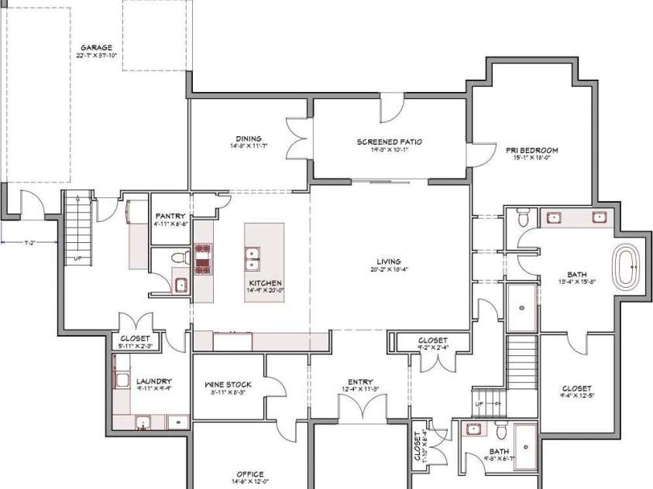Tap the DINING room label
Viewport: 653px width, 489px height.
coord(249,139)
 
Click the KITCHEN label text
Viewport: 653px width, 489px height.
coord(266,283)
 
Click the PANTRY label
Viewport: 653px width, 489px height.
coord(169,216)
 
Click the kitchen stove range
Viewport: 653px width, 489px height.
coord(203,258)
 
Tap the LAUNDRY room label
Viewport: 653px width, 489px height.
coord(153,381)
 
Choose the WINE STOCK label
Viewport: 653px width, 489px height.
coord(225,384)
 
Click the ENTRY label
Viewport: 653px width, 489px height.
coord(360,381)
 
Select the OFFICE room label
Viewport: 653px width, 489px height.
coord(250,474)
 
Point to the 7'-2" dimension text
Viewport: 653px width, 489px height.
coord(30,243)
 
